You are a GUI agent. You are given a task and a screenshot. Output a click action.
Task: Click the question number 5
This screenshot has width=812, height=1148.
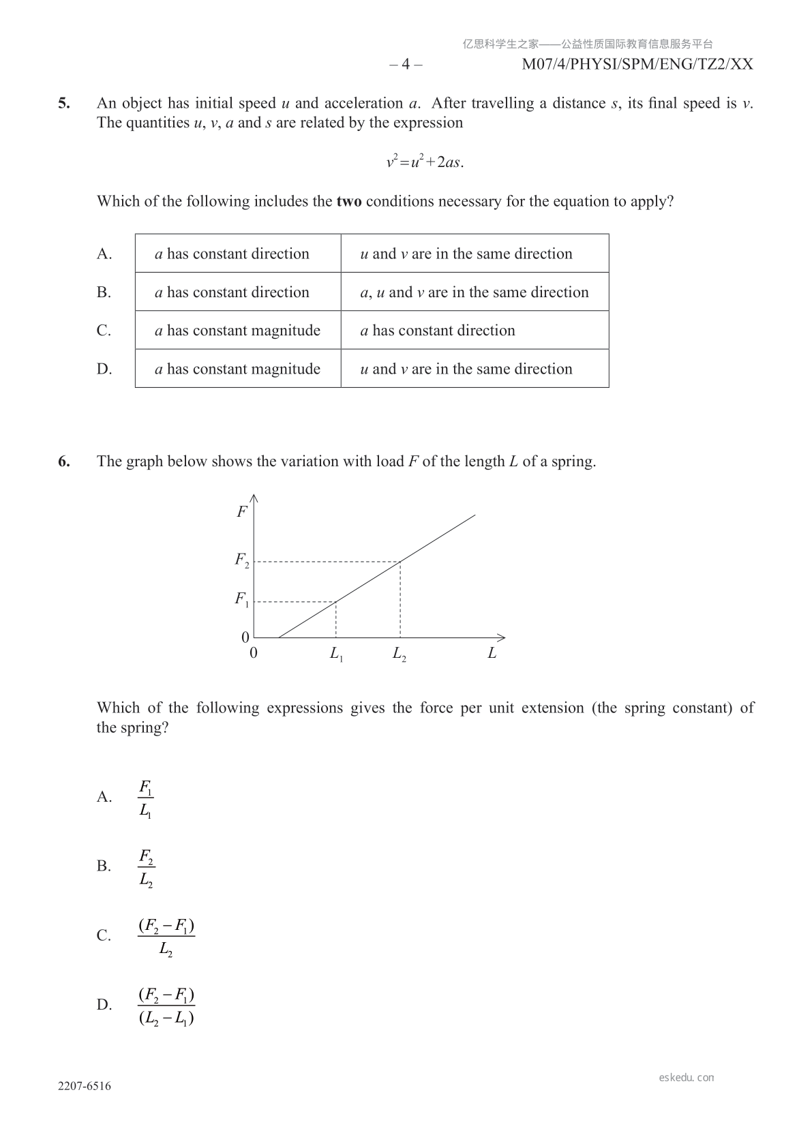tap(63, 104)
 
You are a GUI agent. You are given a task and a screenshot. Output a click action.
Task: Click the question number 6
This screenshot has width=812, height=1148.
tap(63, 462)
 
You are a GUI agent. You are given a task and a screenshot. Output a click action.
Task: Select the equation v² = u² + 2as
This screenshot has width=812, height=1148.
tap(425, 162)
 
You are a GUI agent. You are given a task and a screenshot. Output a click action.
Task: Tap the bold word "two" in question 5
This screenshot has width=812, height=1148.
tap(349, 202)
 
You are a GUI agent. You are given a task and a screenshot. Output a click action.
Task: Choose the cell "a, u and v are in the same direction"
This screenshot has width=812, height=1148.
tap(475, 292)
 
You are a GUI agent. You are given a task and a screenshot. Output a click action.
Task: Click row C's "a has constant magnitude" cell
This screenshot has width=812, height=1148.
tap(238, 331)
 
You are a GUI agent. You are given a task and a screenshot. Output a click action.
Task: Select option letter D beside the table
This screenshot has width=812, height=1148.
tap(104, 369)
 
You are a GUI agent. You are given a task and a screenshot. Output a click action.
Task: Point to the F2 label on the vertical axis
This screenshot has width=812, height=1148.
tap(242, 561)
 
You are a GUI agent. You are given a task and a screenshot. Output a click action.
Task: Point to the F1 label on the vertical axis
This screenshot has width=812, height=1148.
tap(242, 600)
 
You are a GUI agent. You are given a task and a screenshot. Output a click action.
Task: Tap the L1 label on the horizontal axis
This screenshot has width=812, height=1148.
tap(336, 654)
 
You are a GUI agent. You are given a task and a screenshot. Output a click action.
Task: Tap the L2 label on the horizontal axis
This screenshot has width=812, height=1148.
tap(400, 654)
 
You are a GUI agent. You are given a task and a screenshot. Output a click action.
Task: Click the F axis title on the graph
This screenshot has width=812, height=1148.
tap(241, 512)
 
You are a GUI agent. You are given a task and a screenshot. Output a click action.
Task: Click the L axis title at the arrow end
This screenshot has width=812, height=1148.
tap(492, 653)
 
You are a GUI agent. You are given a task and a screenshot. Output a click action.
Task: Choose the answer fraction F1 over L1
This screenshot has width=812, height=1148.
tap(146, 799)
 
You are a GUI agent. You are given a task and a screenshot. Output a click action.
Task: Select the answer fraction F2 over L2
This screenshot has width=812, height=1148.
tap(146, 868)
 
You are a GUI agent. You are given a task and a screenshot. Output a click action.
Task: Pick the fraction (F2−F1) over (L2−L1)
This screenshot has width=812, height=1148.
tap(166, 1006)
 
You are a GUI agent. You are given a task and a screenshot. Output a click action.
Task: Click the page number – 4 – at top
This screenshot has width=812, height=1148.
tap(406, 65)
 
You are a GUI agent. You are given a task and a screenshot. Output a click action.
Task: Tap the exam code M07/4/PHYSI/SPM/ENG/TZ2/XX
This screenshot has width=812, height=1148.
tap(637, 65)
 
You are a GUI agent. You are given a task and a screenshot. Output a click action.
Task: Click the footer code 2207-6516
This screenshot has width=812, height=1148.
tap(85, 1087)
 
